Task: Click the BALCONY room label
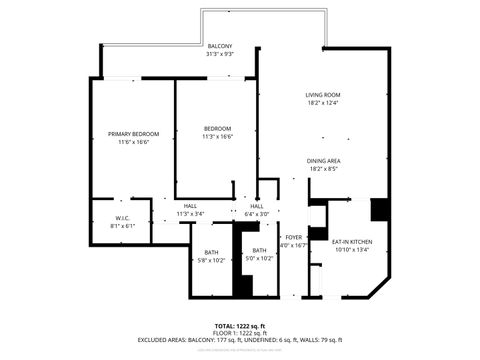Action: click(x=220, y=47)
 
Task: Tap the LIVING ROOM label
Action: click(x=323, y=95)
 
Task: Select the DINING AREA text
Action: click(x=323, y=161)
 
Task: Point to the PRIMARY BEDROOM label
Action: click(x=134, y=134)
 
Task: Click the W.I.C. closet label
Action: click(x=122, y=219)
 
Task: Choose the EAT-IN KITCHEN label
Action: click(x=351, y=242)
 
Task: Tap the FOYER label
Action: click(x=293, y=237)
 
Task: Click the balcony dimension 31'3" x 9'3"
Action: click(x=220, y=55)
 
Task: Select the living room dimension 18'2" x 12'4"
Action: click(x=323, y=103)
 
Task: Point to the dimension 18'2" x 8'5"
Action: click(x=323, y=169)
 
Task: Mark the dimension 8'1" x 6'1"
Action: click(x=122, y=226)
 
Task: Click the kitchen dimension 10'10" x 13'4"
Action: click(x=351, y=249)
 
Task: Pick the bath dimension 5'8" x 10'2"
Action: click(x=212, y=259)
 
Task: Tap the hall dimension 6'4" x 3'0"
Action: click(x=257, y=214)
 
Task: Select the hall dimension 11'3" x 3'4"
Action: click(x=190, y=214)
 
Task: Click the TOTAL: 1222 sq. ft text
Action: click(x=240, y=326)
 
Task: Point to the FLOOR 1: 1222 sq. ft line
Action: click(x=240, y=333)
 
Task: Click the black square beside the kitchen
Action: click(x=380, y=210)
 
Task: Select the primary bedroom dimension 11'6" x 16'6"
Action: click(x=134, y=142)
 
